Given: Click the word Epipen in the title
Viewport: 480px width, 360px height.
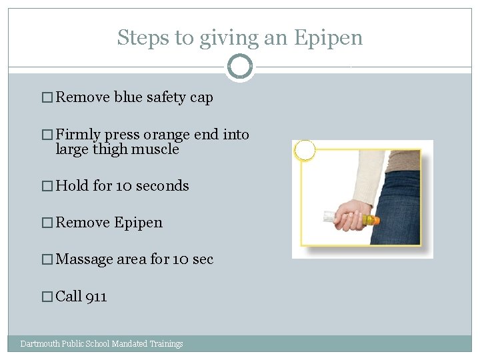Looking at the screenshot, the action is click(328, 39).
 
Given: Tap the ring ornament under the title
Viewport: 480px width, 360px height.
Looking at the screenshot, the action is click(240, 56).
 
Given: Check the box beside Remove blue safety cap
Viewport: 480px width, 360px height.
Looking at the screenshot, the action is click(47, 97).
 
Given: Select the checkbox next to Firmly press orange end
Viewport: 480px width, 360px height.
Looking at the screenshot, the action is click(47, 135).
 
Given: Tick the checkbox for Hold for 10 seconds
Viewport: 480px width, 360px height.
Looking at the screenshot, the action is click(47, 186).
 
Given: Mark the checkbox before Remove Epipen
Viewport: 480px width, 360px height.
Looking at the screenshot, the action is click(47, 223).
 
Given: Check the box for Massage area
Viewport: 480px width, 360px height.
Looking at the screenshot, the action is click(47, 259).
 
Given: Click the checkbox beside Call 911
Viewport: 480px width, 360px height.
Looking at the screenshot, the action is click(47, 297).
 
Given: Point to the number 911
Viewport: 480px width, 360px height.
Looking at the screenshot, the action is click(96, 297).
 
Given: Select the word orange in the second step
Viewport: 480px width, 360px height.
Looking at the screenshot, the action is click(167, 135).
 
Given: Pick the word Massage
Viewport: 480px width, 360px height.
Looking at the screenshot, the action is click(84, 259).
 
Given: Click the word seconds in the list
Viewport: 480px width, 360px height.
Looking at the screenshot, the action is click(163, 186).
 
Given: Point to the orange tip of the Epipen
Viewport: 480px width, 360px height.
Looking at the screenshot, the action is click(376, 220).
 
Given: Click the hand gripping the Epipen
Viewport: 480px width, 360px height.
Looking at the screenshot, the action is click(353, 215).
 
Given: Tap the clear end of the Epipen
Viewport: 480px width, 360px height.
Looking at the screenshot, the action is click(330, 216).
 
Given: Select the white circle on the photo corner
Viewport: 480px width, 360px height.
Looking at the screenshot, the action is click(305, 150).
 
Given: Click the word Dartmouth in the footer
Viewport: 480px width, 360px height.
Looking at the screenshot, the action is click(40, 343).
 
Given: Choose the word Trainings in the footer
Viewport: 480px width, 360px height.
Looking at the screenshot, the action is click(166, 344).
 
